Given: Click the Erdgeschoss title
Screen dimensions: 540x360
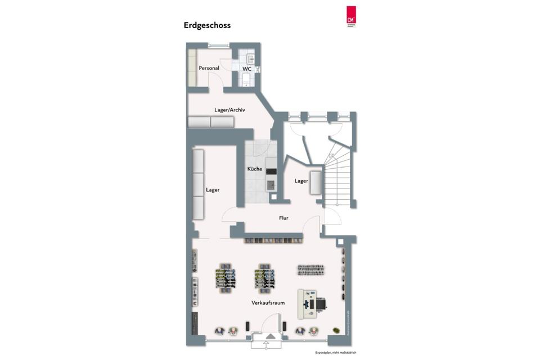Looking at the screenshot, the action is (207, 25).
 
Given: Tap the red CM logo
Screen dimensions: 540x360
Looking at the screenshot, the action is (352, 16).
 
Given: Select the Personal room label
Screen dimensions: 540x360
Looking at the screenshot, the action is (209, 68).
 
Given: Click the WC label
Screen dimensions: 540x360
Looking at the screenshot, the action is (247, 69).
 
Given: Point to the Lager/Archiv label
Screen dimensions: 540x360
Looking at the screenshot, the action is (229, 110).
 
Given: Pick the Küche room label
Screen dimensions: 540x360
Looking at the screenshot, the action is (255, 169).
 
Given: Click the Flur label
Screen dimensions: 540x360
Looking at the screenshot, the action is (283, 218).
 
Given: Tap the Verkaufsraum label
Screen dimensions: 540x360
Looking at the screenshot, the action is (268, 303).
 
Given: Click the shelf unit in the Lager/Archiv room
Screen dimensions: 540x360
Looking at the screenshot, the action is (210, 122).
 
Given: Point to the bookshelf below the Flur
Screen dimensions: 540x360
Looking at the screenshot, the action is (273, 240).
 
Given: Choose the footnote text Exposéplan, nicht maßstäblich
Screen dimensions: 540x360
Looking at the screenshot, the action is (335, 352).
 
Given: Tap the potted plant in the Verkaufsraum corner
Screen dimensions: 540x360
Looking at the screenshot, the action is (336, 330).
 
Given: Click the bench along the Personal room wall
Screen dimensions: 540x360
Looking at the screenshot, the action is (191, 67).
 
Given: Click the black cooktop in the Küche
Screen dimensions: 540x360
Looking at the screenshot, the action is (271, 172).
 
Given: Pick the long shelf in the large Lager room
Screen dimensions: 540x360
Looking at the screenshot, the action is (198, 184).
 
